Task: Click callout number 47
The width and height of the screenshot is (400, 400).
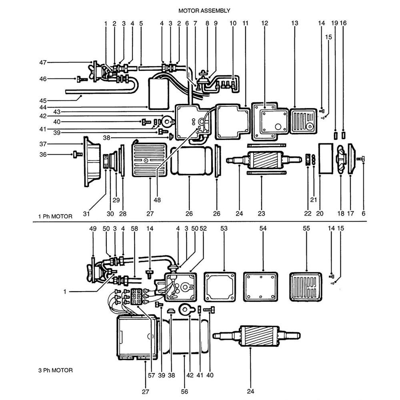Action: pyautogui.click(x=43, y=62)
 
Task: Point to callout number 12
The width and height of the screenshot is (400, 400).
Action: pyautogui.click(x=264, y=24)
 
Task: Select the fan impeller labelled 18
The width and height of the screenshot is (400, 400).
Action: pyautogui.click(x=340, y=159)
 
